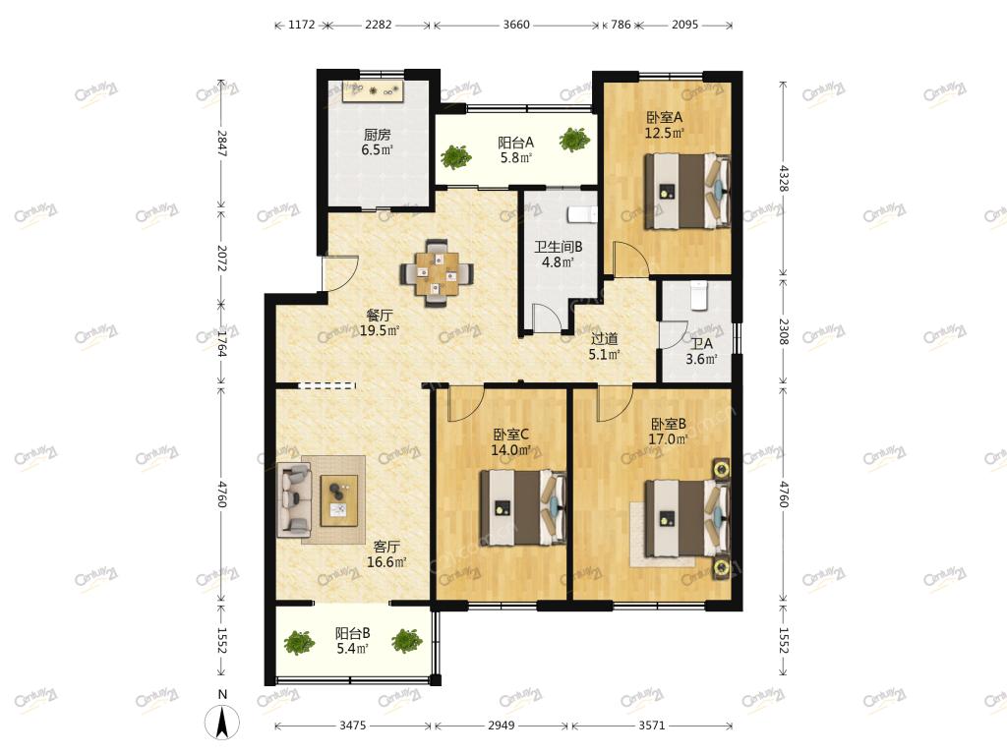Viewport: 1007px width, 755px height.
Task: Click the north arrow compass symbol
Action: pyautogui.click(x=222, y=722)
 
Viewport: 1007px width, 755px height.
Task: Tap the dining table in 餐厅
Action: pyautogui.click(x=437, y=273)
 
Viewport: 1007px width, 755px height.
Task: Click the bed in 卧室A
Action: pyautogui.click(x=687, y=191)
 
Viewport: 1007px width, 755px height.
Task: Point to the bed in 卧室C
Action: pyautogui.click(x=523, y=508)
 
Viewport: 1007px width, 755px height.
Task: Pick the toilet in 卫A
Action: pyautogui.click(x=698, y=295)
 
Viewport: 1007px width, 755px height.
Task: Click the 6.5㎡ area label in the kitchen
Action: pyautogui.click(x=377, y=150)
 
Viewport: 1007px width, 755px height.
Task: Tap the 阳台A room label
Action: pyautogui.click(x=515, y=143)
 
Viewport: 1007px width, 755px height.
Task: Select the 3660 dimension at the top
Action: pyautogui.click(x=516, y=25)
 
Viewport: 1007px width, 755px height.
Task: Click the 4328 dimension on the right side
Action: pyautogui.click(x=784, y=179)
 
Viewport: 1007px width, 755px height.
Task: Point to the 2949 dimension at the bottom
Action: pyautogui.click(x=501, y=726)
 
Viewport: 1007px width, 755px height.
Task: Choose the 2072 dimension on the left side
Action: pyautogui.click(x=221, y=258)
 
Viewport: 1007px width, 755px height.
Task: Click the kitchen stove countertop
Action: pyautogui.click(x=373, y=91)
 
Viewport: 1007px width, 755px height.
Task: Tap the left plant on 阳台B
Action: pyautogui.click(x=299, y=642)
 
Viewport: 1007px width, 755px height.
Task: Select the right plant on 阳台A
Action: pyautogui.click(x=574, y=140)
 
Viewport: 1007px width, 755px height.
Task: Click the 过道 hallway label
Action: pyautogui.click(x=605, y=338)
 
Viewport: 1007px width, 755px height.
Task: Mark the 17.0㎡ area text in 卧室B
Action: pyautogui.click(x=668, y=439)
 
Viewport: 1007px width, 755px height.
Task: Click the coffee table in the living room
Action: pyautogui.click(x=339, y=500)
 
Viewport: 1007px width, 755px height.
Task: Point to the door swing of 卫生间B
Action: pyautogui.click(x=547, y=318)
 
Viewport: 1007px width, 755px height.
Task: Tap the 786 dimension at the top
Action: pyautogui.click(x=621, y=25)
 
